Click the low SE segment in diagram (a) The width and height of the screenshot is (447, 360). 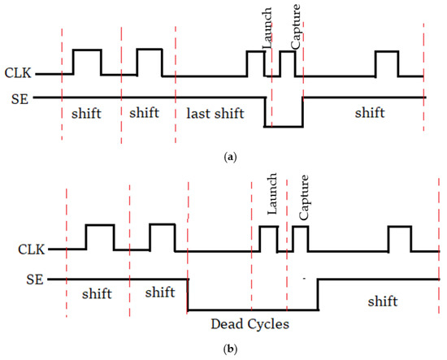coord(284,126)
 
